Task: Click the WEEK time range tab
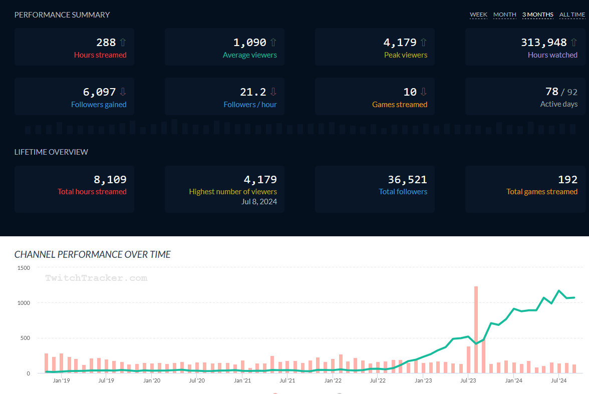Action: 478,15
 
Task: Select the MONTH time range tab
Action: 504,15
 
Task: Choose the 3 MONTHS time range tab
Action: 537,15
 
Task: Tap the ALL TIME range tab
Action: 572,15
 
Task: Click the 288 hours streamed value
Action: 106,43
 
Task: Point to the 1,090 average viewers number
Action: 249,43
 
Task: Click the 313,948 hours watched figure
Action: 543,43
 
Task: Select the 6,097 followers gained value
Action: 99,92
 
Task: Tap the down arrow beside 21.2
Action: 273,92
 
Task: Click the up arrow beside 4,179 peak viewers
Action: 424,43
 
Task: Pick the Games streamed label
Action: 399,105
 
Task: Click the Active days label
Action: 558,105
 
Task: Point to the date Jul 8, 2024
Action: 259,202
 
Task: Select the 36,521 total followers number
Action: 407,179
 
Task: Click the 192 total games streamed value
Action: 567,179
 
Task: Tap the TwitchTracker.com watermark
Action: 96,278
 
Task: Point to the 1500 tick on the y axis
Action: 23,268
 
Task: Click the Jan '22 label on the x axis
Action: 333,380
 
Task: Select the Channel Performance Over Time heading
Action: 93,254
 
